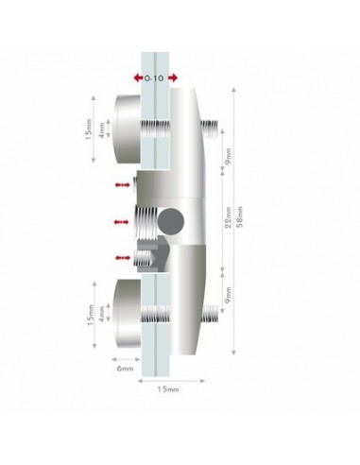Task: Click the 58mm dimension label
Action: coord(240,217)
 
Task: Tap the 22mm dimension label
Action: coord(229,217)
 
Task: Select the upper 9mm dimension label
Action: coord(229,156)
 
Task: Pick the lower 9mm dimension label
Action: coord(229,295)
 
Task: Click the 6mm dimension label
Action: coord(125,368)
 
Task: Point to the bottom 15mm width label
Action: coord(168,389)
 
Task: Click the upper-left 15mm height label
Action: coord(89,129)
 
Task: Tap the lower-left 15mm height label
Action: coord(91,315)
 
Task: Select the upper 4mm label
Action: coord(102,129)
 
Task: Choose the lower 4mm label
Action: coord(102,314)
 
